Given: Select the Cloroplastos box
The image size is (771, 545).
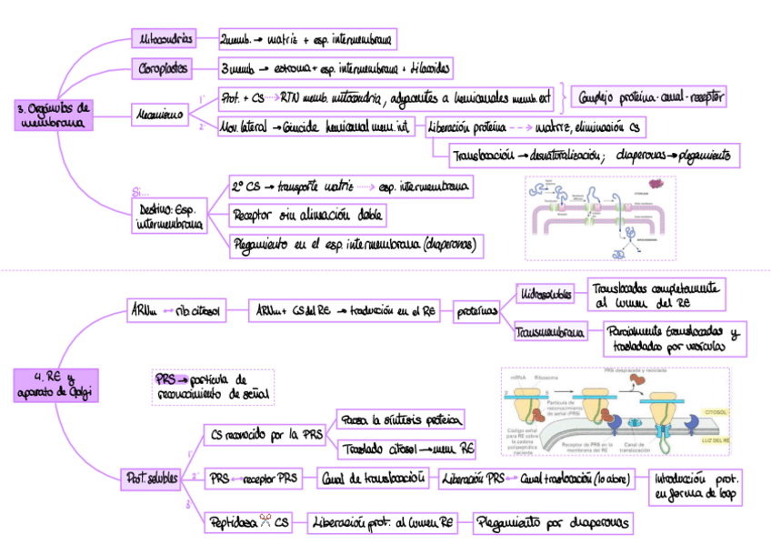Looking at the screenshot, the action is [x=165, y=68].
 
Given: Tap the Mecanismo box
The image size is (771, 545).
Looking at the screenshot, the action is [x=159, y=115].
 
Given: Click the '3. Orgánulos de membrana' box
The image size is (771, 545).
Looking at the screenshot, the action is [x=54, y=114].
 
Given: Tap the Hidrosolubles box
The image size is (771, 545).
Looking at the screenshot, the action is [x=545, y=294].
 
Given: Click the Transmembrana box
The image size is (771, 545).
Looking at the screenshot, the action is [x=549, y=333].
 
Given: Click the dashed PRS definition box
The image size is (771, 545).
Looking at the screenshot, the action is [x=213, y=386].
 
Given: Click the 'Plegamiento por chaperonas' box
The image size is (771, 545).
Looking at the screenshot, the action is [x=553, y=522].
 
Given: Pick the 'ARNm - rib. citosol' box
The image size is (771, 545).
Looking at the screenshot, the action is [x=177, y=311].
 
